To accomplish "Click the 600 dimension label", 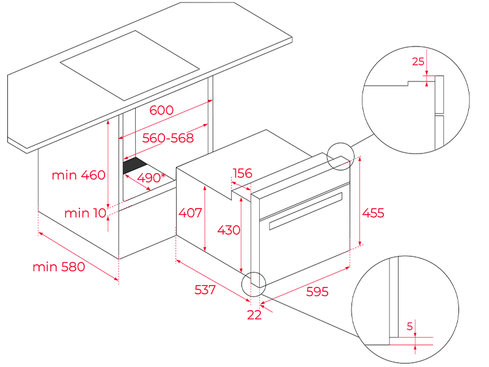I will pos(161,111).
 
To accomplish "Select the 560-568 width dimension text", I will pos(167,138).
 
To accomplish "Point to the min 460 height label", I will pos(78,176).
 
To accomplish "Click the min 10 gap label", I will pos(85,213).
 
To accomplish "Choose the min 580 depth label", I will pos(59,267).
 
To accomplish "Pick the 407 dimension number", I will pos(190,213).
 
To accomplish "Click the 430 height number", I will pos(229,230).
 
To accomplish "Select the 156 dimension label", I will pos(242,174).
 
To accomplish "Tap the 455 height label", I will pos(373,213).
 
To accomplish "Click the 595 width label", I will pos(317,292).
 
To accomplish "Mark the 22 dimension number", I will pos(254,315).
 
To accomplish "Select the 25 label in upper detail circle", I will pos(418,61).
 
